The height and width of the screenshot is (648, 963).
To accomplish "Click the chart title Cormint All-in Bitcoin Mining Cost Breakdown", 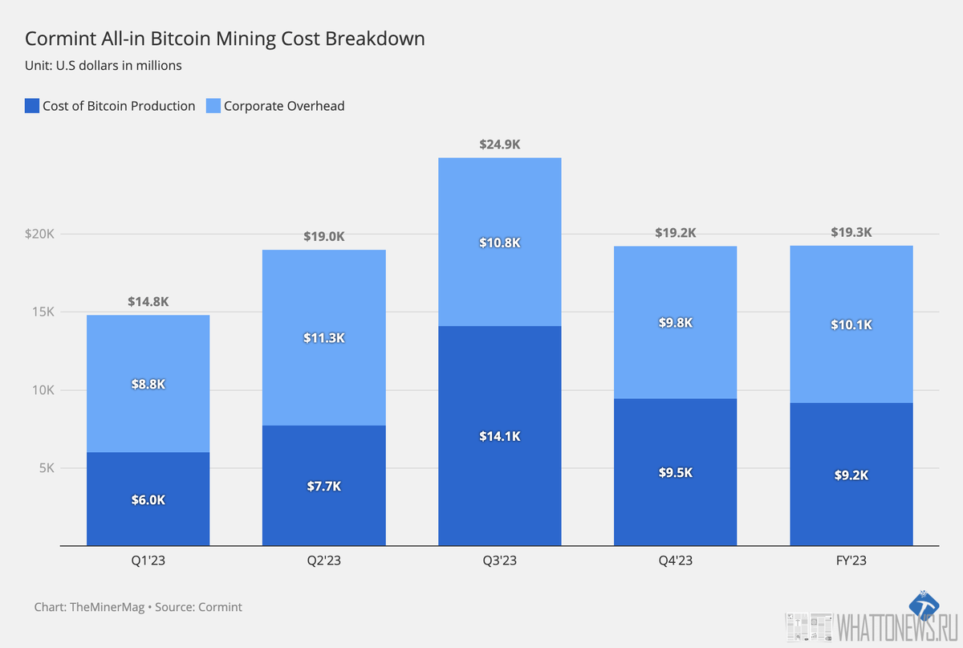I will click(x=225, y=39).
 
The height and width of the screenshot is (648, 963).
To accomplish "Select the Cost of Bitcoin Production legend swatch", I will click(x=32, y=106).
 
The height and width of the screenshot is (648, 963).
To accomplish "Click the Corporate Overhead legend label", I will click(x=284, y=106).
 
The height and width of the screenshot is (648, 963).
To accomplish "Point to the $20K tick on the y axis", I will click(x=39, y=234).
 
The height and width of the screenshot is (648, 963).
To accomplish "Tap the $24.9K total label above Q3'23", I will click(x=499, y=145).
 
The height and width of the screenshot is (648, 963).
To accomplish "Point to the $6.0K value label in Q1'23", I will click(x=148, y=499).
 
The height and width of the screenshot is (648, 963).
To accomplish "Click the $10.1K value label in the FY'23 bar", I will click(x=851, y=325).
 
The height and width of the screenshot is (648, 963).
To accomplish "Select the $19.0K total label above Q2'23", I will click(x=323, y=237).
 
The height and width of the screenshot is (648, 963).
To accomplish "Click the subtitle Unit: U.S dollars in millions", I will click(x=104, y=66).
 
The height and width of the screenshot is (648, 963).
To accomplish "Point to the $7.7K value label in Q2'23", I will click(x=323, y=487).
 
